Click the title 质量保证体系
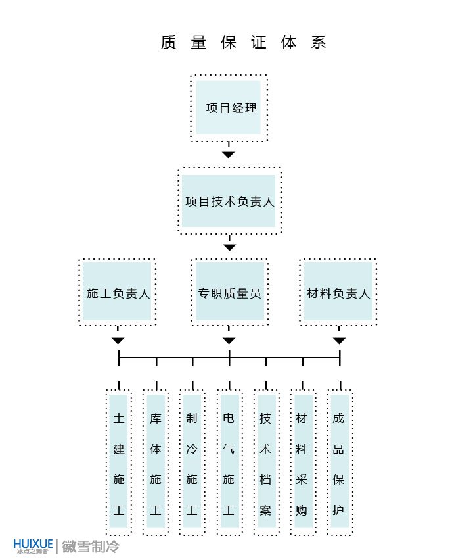pyautogui.click(x=244, y=43)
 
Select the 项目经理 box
pyautogui.click(x=229, y=108)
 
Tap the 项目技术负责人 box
pyautogui.click(x=229, y=201)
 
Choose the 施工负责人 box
pyautogui.click(x=118, y=293)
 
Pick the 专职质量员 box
pyautogui.click(x=229, y=293)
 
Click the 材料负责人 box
pyautogui.click(x=338, y=293)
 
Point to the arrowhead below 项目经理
pyautogui.click(x=228, y=155)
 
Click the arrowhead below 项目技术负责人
pyautogui.click(x=229, y=247)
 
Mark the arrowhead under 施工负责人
pyautogui.click(x=118, y=341)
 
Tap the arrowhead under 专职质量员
pyautogui.click(x=229, y=341)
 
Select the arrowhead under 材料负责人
pyautogui.click(x=339, y=341)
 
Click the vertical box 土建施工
pyautogui.click(x=119, y=462)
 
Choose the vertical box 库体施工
pyautogui.click(x=156, y=462)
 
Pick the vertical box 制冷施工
pyautogui.click(x=192, y=462)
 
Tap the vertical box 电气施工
pyautogui.click(x=229, y=462)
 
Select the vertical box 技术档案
pyautogui.click(x=265, y=462)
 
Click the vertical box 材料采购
pyautogui.click(x=302, y=462)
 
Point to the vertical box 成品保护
pyautogui.click(x=339, y=462)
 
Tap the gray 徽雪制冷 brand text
pyautogui.click(x=91, y=546)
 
